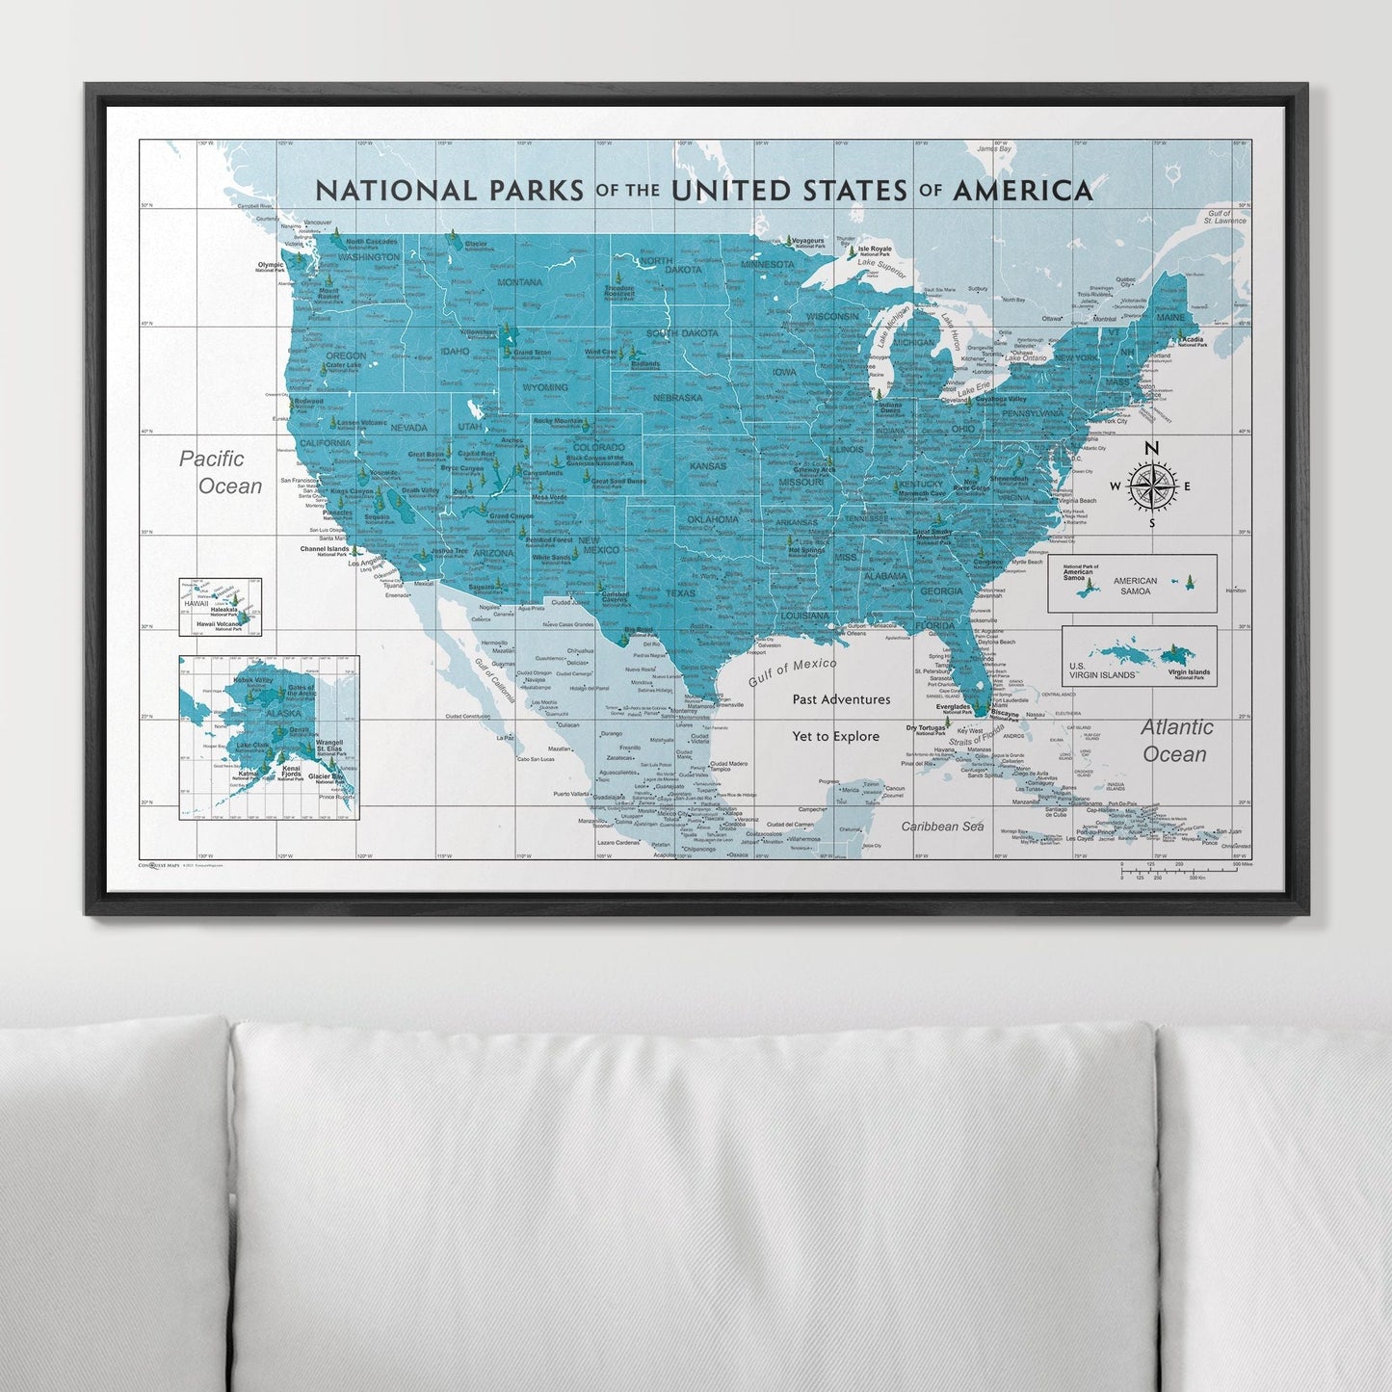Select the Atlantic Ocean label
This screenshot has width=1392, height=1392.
coord(1176,741)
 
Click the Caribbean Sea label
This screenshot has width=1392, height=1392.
coord(942,827)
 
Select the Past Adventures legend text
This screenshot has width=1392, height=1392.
coord(841,700)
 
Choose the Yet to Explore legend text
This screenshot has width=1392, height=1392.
coord(835,737)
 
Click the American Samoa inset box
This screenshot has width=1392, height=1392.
coord(1132,584)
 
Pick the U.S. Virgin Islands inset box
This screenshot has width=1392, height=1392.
coord(1139,656)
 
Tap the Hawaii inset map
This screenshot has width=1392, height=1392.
coord(220,607)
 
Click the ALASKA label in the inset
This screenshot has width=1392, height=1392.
coord(256,714)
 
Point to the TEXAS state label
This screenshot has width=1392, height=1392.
coord(680,593)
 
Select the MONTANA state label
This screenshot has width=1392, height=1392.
coord(520,282)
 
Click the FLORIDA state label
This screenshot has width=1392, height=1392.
coord(934,626)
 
